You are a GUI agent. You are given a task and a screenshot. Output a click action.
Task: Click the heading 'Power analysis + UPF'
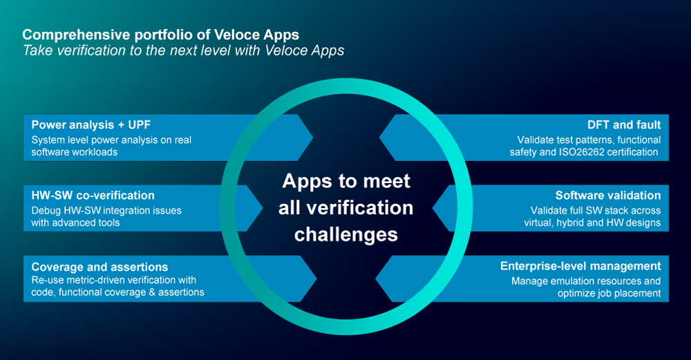pos(91,124)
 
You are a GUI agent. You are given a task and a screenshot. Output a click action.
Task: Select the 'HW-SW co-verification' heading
pos(93,196)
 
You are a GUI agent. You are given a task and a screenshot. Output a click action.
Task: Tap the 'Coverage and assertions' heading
pos(100,267)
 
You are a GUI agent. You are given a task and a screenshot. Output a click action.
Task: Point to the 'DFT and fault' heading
pos(624,124)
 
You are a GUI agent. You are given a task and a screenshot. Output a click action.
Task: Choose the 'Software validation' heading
pos(608,196)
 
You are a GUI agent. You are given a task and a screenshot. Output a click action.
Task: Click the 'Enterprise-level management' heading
pos(580,266)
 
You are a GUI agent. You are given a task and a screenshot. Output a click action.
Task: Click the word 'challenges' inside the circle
pos(346,235)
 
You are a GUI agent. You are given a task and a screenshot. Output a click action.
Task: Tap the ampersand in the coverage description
pos(153,292)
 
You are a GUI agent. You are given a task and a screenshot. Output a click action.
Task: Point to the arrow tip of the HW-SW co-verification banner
pos(263,208)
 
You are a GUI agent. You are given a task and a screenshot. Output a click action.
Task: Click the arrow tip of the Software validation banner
pos(433,208)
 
